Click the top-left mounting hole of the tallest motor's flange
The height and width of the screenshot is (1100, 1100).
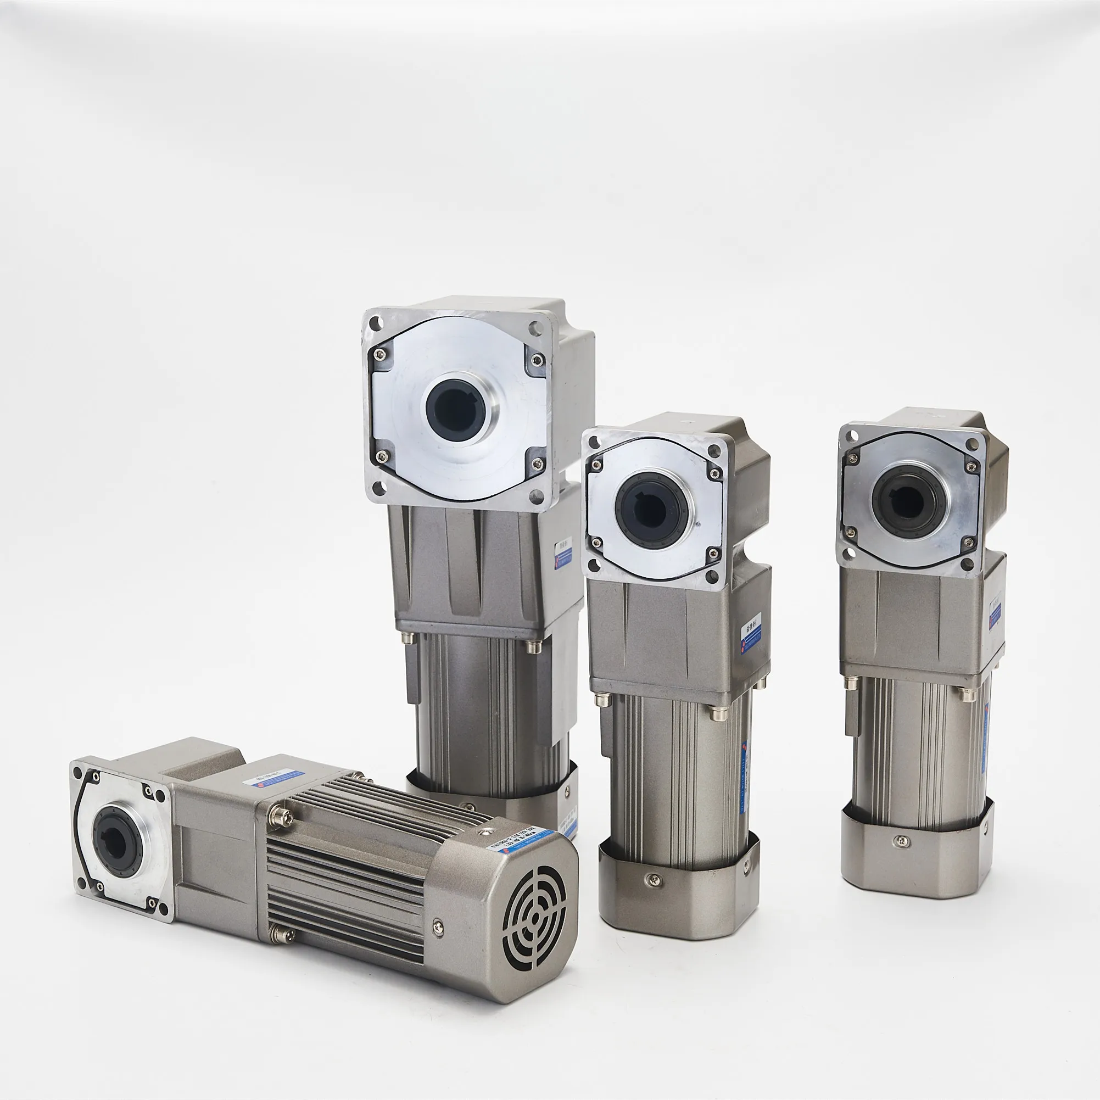(375, 323)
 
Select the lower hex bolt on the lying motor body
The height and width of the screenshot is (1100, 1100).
(283, 934)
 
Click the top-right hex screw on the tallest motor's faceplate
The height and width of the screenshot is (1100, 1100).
(537, 359)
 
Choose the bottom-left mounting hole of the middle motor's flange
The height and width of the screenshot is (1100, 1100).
(594, 564)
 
